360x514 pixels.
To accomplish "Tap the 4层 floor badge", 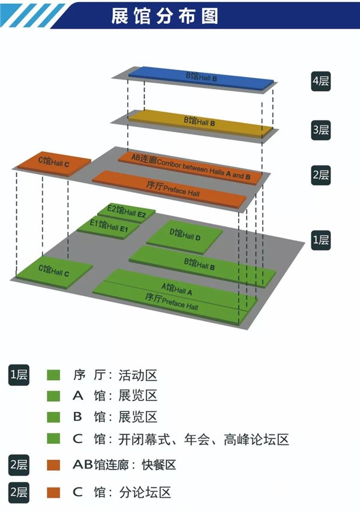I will coord(321,82).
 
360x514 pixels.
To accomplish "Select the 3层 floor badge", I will coord(321,130).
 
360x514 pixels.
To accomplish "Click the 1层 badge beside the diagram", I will coord(321,240).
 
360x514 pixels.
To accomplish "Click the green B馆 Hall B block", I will coord(201,264).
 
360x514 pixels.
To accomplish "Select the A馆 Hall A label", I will coord(176,289).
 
